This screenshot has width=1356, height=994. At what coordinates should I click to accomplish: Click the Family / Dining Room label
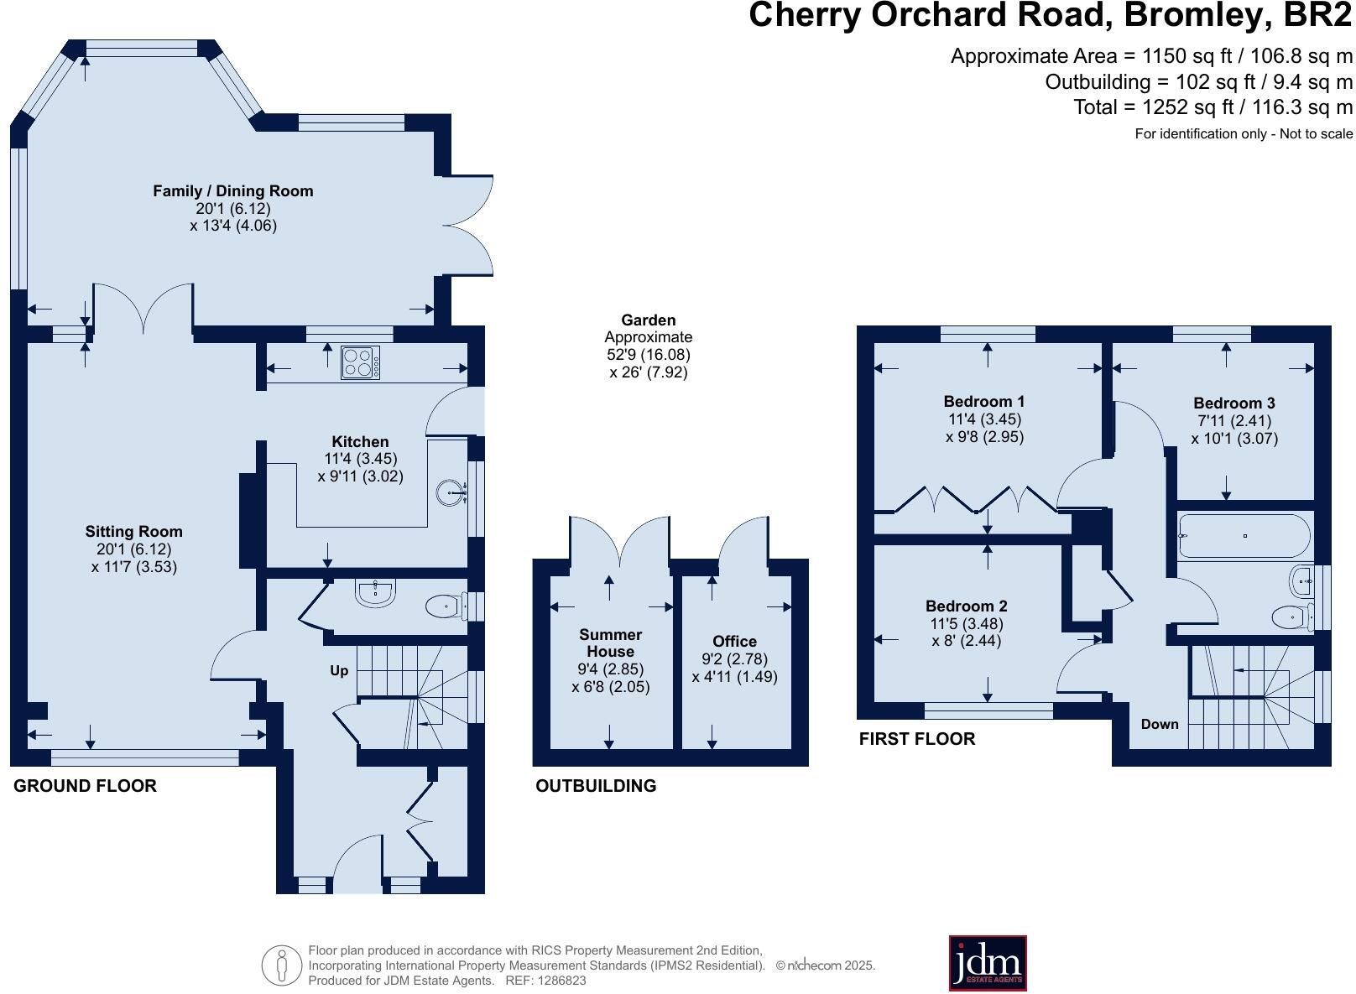coord(232,191)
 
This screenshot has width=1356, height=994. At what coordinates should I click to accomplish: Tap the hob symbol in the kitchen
coord(360,362)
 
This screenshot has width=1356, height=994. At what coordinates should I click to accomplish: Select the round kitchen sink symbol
coord(449,493)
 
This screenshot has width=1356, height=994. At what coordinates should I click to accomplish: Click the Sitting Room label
coord(133,532)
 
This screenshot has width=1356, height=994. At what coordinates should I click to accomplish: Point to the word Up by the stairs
coord(339,671)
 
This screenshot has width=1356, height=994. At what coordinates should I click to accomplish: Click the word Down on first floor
coord(1159,725)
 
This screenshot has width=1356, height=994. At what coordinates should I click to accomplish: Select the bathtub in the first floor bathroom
coord(1244,536)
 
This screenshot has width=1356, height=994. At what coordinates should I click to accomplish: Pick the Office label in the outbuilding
coord(734,642)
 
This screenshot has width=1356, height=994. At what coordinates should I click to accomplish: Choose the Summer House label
coord(610,643)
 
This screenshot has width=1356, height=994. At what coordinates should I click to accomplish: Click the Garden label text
coord(648,320)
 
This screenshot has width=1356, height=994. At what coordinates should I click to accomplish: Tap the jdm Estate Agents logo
coord(988,963)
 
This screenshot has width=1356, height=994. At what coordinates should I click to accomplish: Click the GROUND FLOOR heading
coord(85,786)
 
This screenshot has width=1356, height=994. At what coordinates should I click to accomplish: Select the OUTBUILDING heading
coord(596,786)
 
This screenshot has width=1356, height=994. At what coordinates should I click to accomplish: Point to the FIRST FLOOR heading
coord(916,739)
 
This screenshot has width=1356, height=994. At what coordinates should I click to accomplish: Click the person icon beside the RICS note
coord(282,965)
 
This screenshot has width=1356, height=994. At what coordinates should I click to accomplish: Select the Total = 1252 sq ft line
coord(1213,107)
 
